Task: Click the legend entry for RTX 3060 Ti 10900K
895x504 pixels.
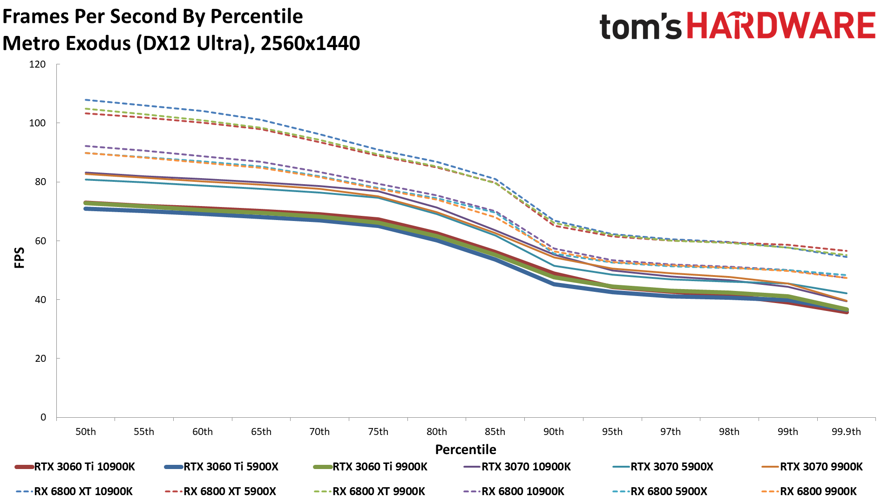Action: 84,467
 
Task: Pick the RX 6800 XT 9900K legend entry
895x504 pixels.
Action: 379,491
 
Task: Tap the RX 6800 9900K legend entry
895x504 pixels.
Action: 818,491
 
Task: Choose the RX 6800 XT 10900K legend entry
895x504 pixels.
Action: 83,491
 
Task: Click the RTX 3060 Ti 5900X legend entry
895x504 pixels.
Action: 231,467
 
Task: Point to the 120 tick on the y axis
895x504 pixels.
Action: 37,64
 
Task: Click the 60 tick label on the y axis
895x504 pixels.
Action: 41,241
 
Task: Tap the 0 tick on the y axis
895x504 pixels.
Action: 43,417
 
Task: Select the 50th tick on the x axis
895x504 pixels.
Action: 86,432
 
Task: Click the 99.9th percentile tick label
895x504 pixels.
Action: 846,432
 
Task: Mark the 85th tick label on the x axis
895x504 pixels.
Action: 495,432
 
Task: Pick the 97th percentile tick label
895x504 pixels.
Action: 671,432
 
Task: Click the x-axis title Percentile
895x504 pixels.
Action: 466,449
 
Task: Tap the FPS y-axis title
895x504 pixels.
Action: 19,258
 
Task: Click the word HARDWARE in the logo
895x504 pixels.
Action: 781,26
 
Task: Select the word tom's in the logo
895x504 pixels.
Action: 640,27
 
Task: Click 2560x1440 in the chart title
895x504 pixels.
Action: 310,43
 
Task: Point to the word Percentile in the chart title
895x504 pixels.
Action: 257,17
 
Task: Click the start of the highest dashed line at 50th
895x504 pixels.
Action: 86,100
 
